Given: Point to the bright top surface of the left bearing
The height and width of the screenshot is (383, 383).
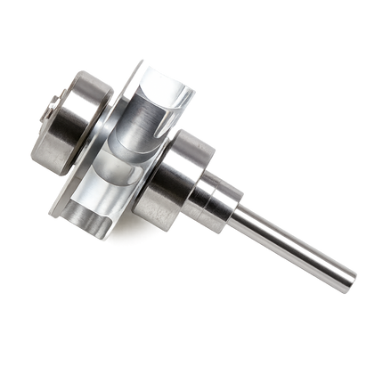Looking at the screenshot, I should coord(89,85).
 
